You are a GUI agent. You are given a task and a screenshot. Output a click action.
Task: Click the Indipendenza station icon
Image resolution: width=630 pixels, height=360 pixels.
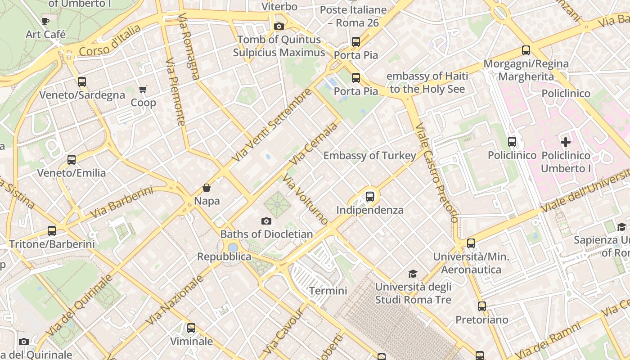[369, 197]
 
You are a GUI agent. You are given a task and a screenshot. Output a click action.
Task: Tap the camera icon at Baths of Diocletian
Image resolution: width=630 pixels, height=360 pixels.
[266, 221]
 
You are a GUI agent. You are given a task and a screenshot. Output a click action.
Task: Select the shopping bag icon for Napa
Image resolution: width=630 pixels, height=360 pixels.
[207, 188]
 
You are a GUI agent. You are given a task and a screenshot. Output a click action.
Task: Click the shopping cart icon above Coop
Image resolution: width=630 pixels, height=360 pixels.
[143, 90]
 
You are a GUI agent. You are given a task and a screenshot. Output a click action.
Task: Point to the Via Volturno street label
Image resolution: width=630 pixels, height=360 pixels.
[306, 200]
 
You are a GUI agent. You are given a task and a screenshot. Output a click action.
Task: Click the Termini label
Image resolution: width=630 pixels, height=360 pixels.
[328, 291]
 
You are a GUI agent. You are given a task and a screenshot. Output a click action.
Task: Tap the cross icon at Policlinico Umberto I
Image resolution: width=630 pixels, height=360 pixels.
[566, 142]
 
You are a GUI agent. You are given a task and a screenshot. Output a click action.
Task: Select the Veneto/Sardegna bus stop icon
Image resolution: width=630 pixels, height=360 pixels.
[82, 82]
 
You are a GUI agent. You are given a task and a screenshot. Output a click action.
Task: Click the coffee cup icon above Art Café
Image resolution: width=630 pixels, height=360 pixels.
[45, 21]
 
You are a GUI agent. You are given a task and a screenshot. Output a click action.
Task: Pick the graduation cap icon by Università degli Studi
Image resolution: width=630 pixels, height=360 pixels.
[413, 274]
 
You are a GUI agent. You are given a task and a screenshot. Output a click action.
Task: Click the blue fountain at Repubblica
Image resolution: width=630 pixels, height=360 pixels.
[233, 247]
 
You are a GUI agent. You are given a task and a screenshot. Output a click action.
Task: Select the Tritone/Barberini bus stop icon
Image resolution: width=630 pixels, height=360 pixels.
[52, 231]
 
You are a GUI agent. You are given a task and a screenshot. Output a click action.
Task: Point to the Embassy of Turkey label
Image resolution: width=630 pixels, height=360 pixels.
[369, 156]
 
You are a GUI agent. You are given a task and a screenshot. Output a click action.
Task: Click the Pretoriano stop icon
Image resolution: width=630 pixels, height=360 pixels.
[482, 306]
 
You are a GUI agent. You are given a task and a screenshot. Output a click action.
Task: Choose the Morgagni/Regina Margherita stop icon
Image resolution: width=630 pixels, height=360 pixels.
[526, 50]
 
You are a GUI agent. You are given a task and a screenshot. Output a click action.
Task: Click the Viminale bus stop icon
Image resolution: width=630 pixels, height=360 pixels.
[191, 328]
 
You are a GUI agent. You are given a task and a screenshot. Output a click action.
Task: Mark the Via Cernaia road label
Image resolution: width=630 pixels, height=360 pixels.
[314, 144]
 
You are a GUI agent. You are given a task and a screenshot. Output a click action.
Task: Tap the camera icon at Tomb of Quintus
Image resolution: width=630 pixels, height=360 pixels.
[279, 26]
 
